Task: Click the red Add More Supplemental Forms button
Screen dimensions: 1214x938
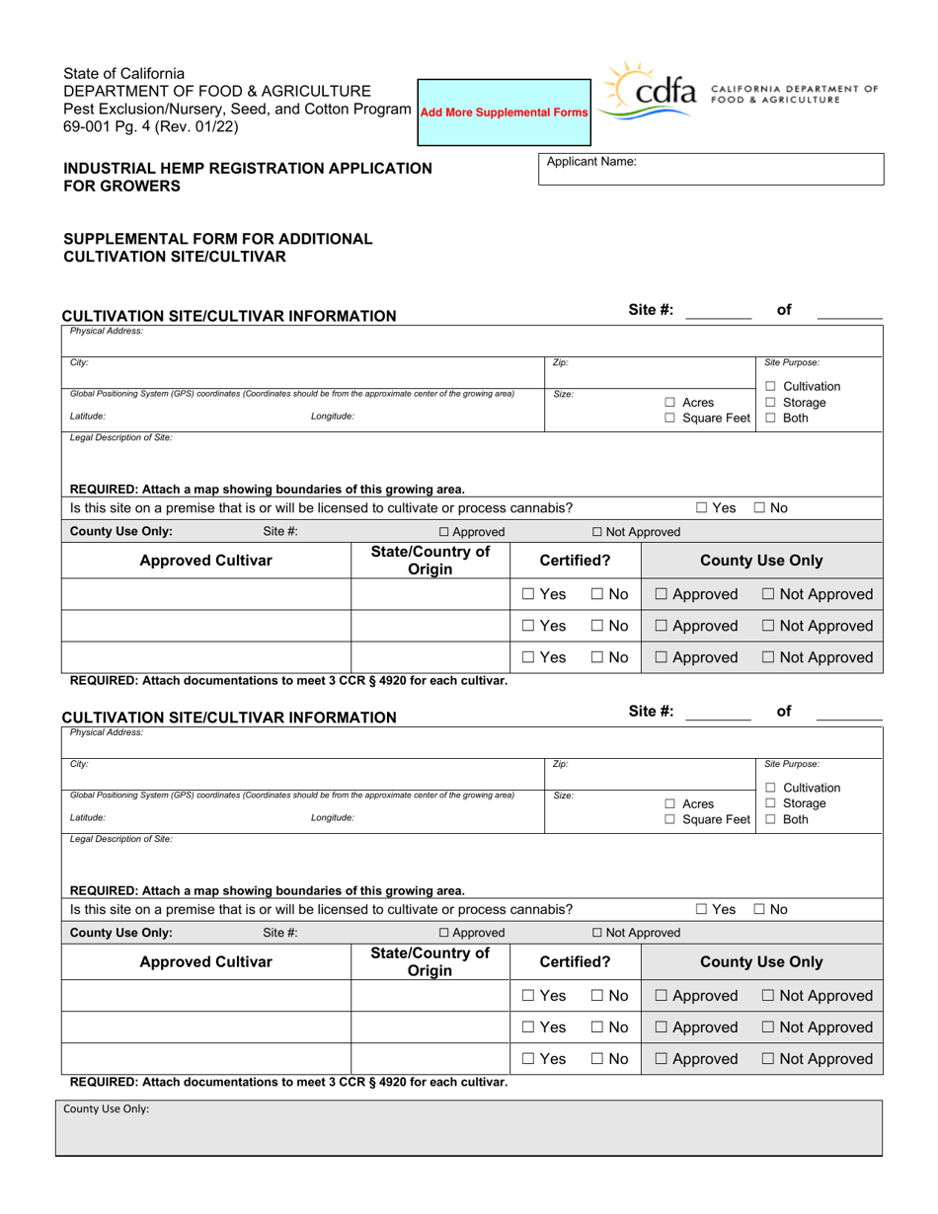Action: pos(505,113)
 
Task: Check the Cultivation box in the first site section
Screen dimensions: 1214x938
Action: pos(770,387)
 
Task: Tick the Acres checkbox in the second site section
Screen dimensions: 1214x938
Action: pos(670,803)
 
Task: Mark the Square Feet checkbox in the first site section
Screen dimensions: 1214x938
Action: pos(670,418)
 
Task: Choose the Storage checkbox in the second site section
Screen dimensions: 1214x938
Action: pos(770,803)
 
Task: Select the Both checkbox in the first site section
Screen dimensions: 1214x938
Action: pos(770,418)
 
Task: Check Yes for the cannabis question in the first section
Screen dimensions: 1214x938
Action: pos(701,508)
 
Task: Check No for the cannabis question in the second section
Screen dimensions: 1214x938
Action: pos(759,909)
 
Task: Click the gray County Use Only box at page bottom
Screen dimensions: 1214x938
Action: pos(469,1127)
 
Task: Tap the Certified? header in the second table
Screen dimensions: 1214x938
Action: pos(575,961)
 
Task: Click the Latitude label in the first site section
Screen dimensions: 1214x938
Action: pos(88,417)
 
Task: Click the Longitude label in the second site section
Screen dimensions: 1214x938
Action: pos(332,818)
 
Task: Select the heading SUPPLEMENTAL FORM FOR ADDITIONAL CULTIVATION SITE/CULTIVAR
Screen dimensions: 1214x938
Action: pos(218,248)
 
